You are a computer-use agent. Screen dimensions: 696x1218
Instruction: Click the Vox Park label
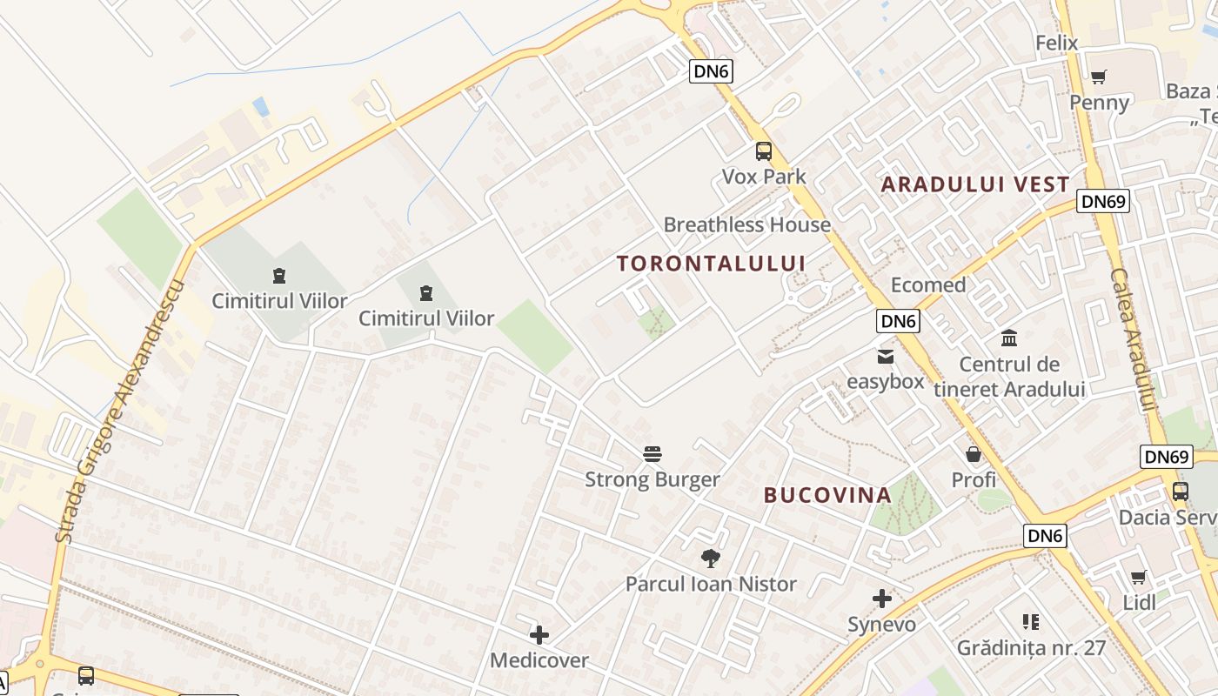764,177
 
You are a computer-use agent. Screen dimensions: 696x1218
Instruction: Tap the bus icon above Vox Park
764,151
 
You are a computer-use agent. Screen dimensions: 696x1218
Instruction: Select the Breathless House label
746,224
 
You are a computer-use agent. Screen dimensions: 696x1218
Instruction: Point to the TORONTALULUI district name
711,263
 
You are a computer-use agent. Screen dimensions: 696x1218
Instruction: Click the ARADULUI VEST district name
975,184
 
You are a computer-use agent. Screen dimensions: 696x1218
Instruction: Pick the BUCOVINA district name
827,495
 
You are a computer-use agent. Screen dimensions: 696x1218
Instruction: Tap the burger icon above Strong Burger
652,453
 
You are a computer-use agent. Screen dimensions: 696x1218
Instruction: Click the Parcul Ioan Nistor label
711,584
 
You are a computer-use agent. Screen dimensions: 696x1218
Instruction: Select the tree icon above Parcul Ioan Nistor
711,559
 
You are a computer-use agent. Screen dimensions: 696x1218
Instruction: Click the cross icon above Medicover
539,635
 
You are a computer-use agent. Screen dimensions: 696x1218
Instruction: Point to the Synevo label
882,625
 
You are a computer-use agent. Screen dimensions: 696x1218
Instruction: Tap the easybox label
886,381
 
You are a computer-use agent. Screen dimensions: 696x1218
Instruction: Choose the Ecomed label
928,284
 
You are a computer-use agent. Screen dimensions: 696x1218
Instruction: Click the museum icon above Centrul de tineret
1009,338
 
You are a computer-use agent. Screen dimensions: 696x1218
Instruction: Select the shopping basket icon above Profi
974,454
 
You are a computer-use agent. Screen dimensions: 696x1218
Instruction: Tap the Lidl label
1139,602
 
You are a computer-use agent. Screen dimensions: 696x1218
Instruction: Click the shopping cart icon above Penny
1099,77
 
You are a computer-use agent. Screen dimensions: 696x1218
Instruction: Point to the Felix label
1056,43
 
